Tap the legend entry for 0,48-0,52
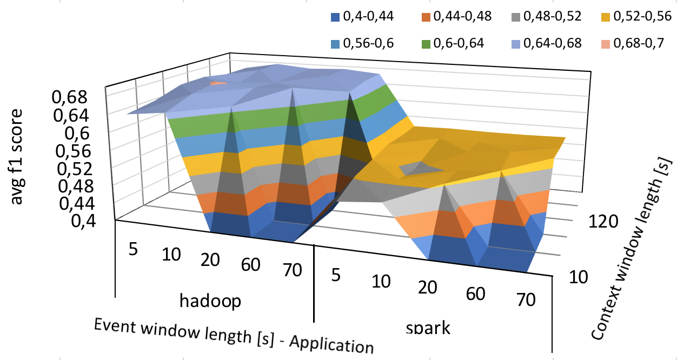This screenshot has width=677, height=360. click(x=541, y=17)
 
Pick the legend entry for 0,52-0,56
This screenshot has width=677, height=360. click(x=632, y=17)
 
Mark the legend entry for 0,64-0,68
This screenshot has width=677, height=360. click(x=541, y=43)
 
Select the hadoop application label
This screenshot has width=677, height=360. click(x=211, y=301)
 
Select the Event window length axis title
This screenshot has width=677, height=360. click(x=233, y=335)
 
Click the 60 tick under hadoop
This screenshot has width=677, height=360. click(x=251, y=265)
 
